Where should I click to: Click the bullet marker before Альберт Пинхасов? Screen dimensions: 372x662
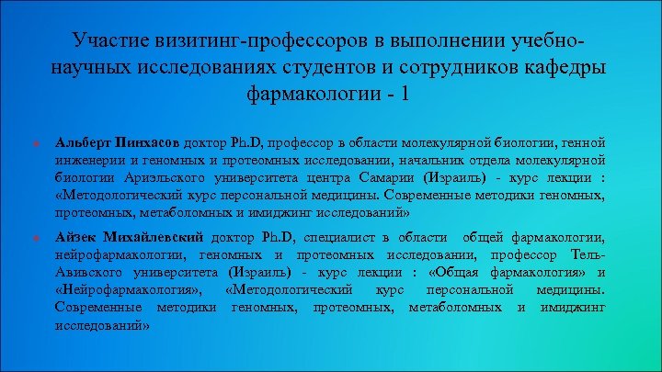point(34,143)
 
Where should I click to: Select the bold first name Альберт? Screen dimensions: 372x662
point(84,142)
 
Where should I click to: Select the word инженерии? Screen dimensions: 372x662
point(89,160)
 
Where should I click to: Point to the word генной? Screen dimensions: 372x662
point(582,142)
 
